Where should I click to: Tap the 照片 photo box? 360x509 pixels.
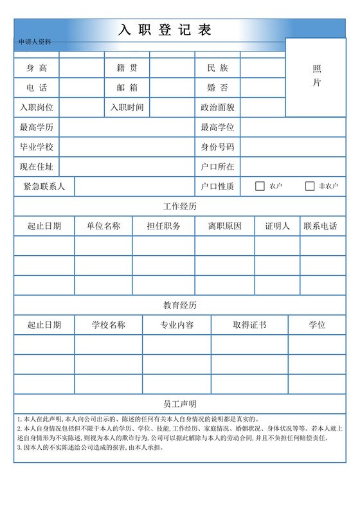pos(317,76)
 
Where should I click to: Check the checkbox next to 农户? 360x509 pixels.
pos(260,186)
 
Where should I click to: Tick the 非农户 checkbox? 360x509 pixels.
pos(310,186)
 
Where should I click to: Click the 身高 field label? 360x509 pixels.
pos(36,68)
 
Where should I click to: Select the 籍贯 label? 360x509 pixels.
pos(127,68)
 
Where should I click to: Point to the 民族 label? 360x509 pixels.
pos(217,68)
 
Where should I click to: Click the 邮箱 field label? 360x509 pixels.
pos(127,88)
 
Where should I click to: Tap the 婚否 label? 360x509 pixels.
pos(217,88)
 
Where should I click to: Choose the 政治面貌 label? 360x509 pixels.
pos(217,107)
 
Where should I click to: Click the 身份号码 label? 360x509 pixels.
pos(217,147)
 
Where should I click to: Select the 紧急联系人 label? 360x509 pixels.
pos(44,186)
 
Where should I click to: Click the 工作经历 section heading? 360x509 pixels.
pos(180,206)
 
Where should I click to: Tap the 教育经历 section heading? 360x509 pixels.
pos(180,305)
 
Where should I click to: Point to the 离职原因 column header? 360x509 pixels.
pos(225,226)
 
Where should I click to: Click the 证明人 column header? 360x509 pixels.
pos(277,226)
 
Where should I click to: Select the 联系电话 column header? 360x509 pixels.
pos(320,226)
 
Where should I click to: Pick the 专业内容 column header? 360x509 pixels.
pos(177,325)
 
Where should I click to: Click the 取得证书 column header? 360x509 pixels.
pos(249,325)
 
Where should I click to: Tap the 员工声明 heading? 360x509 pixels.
pos(180,404)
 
